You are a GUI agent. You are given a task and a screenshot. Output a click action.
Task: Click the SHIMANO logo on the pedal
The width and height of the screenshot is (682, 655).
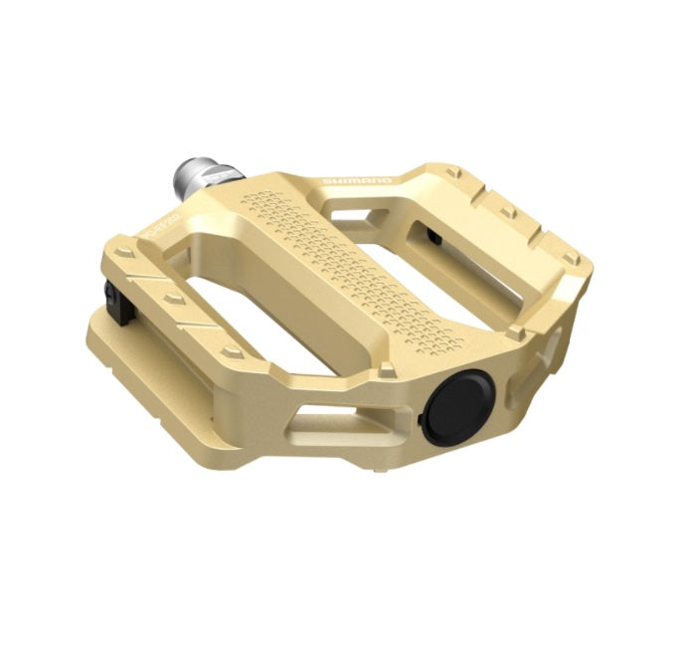tap(357, 181)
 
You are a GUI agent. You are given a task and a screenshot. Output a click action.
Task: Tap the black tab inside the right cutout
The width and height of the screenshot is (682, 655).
tap(434, 236)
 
